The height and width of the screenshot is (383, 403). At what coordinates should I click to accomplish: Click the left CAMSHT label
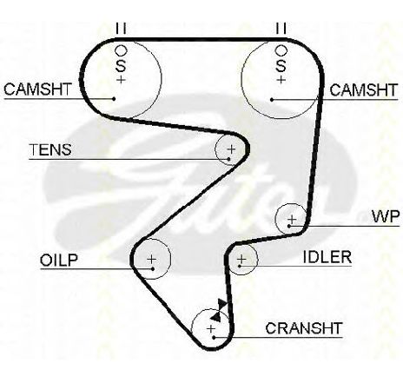pos(37,89)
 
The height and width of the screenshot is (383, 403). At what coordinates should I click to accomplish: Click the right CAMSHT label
pos(364,90)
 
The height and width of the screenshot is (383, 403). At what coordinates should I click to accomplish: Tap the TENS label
pos(50,149)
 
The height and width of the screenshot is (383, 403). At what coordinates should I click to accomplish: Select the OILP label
pos(59,261)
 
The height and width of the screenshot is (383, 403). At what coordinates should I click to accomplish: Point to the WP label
pos(386,216)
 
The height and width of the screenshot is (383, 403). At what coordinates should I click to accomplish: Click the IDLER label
pos(327,257)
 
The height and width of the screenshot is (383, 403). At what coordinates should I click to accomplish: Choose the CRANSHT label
pos(304,328)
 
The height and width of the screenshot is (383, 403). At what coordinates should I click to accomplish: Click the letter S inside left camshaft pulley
pos(121,66)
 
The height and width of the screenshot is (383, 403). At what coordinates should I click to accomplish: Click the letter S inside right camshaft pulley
pos(281,66)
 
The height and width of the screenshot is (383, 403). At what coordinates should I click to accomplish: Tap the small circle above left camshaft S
pos(121,50)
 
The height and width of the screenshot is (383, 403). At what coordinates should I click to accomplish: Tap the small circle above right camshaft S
pos(281,50)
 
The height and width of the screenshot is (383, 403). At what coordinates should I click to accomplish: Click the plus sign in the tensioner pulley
pos(231,149)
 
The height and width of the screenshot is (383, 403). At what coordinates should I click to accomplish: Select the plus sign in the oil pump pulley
pos(151,259)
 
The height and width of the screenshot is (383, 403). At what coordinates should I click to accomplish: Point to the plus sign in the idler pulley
pos(241,259)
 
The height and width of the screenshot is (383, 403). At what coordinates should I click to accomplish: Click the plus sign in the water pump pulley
pos(292,219)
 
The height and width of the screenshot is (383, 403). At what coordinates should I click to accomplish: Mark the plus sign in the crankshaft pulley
pos(211,328)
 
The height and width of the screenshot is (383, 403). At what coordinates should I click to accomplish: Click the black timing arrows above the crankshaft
pos(219,310)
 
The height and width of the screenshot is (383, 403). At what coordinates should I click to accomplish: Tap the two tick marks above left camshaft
pos(121,28)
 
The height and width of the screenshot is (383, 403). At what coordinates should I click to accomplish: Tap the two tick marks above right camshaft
pos(281,28)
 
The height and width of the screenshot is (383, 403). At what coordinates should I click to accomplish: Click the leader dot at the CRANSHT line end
pos(214,338)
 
